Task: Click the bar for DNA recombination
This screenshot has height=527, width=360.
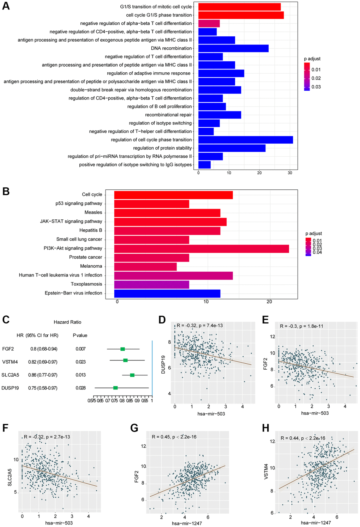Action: [x=233, y=48]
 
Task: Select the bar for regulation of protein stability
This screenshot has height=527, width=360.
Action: [x=232, y=148]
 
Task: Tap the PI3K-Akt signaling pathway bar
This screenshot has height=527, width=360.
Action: [x=202, y=249]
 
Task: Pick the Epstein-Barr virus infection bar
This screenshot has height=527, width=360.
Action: [x=167, y=293]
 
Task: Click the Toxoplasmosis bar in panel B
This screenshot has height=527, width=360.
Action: [x=152, y=284]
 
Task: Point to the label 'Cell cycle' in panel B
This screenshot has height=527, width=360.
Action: [x=92, y=194]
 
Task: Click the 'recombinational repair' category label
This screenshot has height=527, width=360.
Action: [x=168, y=115]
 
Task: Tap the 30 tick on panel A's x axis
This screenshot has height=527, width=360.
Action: [x=290, y=172]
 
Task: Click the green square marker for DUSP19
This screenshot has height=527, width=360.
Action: [x=115, y=388]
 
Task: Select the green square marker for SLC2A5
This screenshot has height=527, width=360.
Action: [x=132, y=375]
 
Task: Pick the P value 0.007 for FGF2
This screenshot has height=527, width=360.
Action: [x=80, y=349]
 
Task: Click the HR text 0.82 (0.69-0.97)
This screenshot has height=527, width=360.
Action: [x=44, y=362]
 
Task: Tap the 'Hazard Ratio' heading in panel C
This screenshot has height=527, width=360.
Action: [x=67, y=322]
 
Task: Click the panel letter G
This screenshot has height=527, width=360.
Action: [x=134, y=428]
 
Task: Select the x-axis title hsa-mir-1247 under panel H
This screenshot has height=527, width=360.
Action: [x=316, y=522]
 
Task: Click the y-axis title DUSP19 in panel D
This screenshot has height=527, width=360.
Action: [x=163, y=364]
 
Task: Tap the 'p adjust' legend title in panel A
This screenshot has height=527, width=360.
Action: [x=312, y=59]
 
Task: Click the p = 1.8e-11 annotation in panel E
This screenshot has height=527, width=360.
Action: [x=310, y=326]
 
